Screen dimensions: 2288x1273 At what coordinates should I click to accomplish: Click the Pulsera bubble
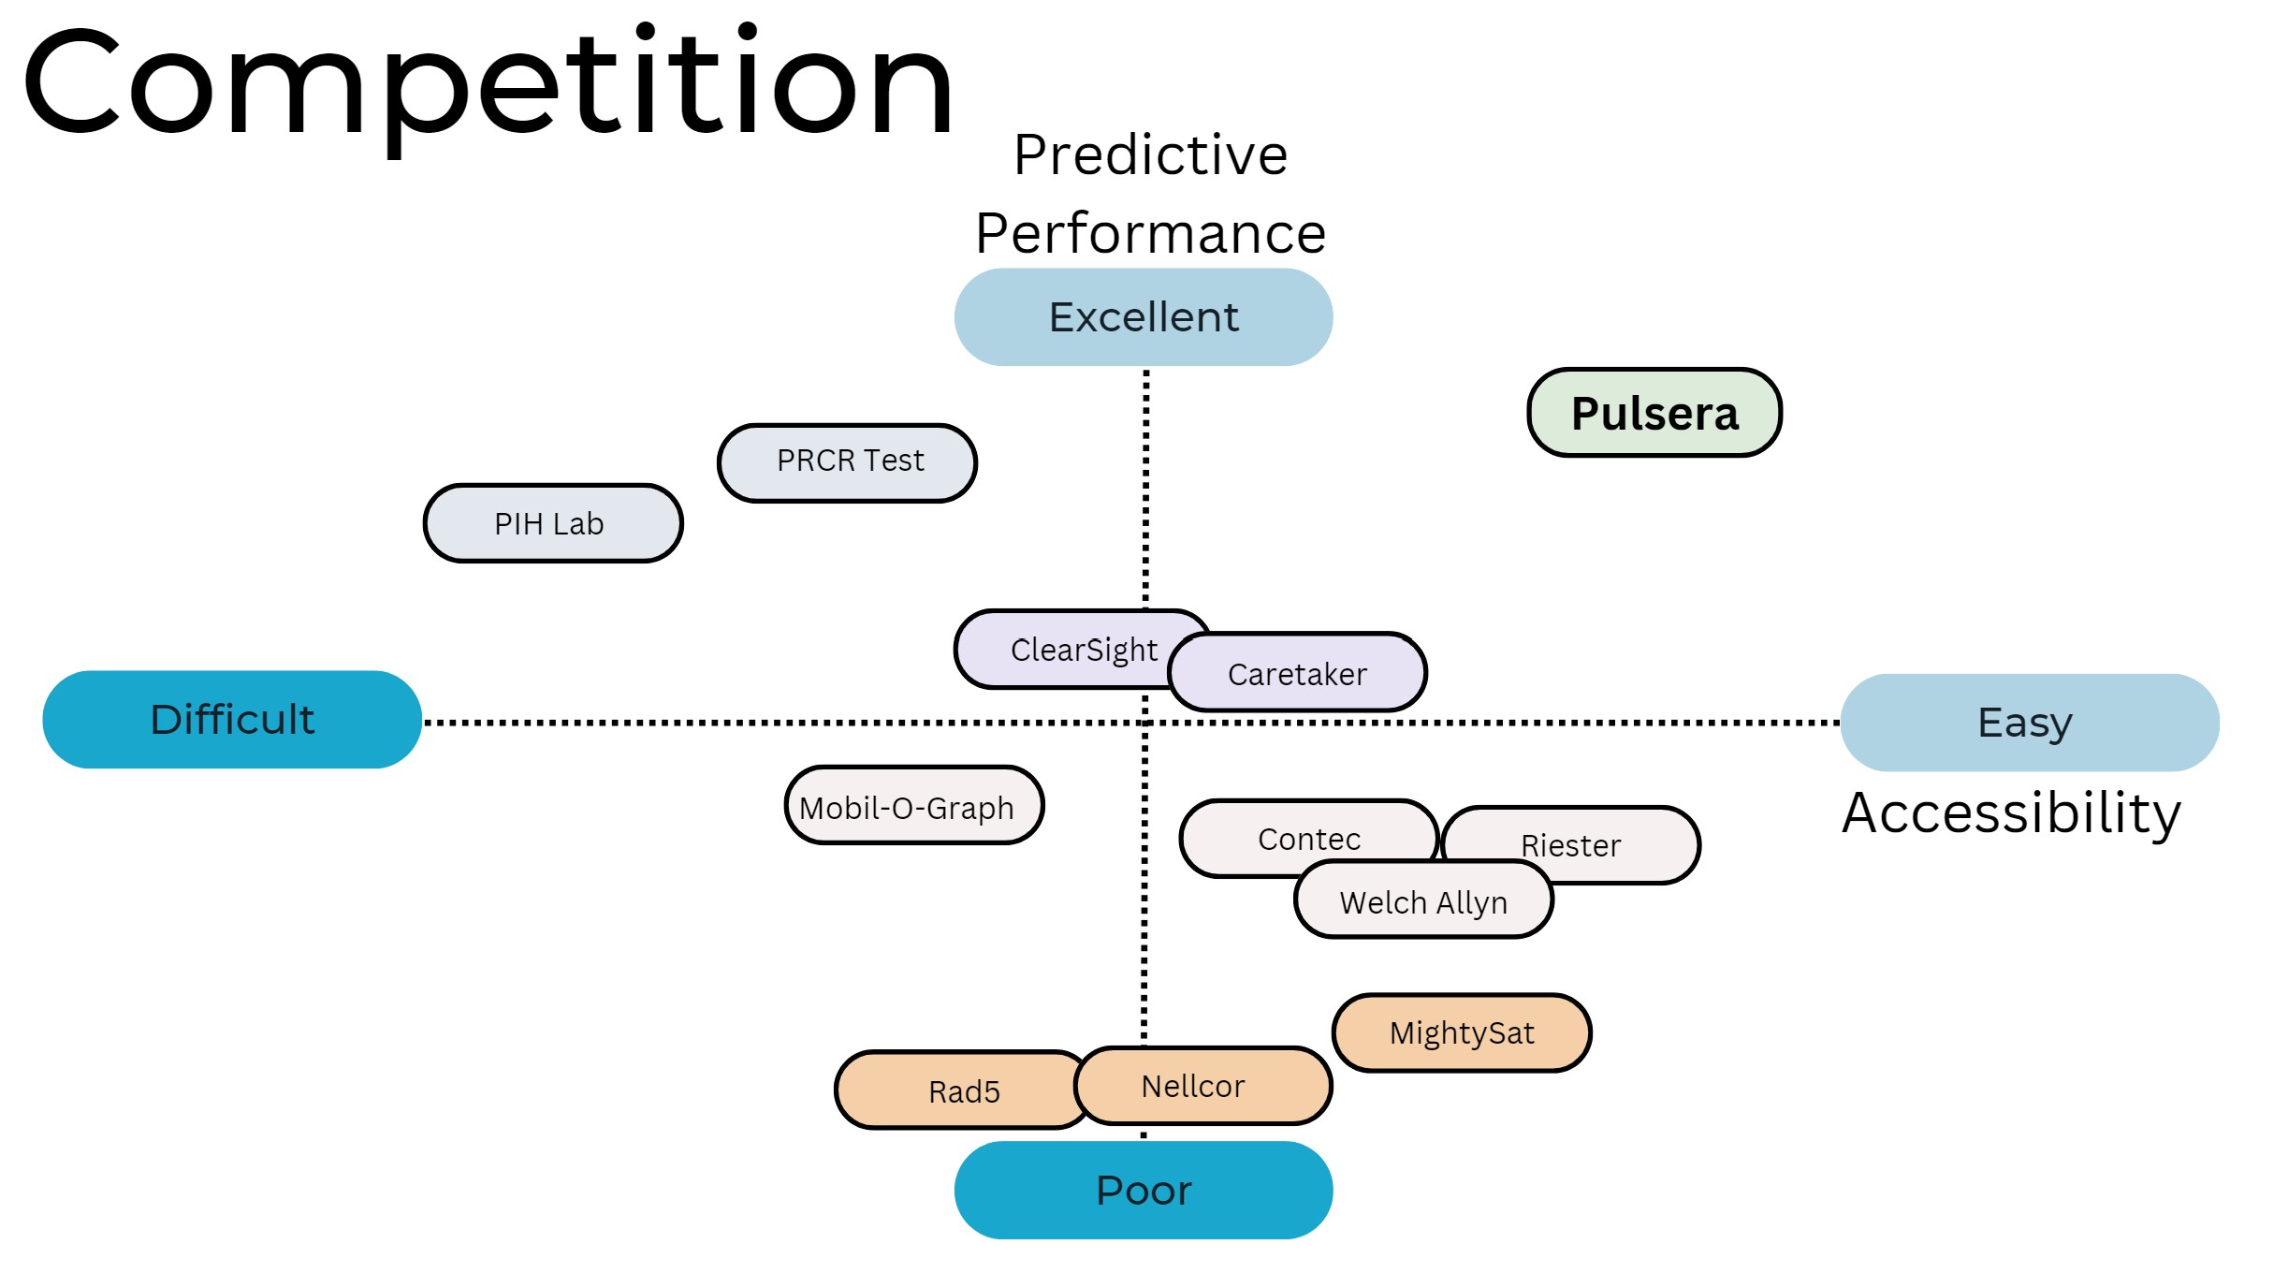tap(1654, 413)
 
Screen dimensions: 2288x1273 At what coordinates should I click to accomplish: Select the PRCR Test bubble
tap(847, 462)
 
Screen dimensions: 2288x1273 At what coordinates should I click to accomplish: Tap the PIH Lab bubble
tap(553, 523)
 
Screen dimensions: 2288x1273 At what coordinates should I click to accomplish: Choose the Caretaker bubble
tap(1297, 672)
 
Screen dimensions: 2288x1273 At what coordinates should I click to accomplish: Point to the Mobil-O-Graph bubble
tap(914, 805)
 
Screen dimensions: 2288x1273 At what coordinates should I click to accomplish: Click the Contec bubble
tap(1309, 838)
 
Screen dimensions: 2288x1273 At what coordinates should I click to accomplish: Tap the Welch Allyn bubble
tap(1423, 900)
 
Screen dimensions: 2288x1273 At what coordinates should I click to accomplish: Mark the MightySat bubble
tap(1462, 1032)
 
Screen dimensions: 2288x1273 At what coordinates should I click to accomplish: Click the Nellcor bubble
tap(1203, 1086)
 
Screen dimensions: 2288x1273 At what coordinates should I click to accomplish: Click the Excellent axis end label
tap(1144, 317)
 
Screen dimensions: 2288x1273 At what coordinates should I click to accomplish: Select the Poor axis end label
tap(1144, 1190)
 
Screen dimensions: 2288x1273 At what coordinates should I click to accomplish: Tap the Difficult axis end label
tap(232, 720)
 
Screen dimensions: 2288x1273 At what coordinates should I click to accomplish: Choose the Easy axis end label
tap(2030, 723)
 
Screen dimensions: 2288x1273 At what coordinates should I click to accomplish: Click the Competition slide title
tap(488, 86)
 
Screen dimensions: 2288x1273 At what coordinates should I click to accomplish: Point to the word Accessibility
tap(2011, 812)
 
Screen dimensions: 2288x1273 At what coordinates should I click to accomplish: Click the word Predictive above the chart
tap(1150, 154)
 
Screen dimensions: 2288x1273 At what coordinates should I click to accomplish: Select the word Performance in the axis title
tap(1150, 233)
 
